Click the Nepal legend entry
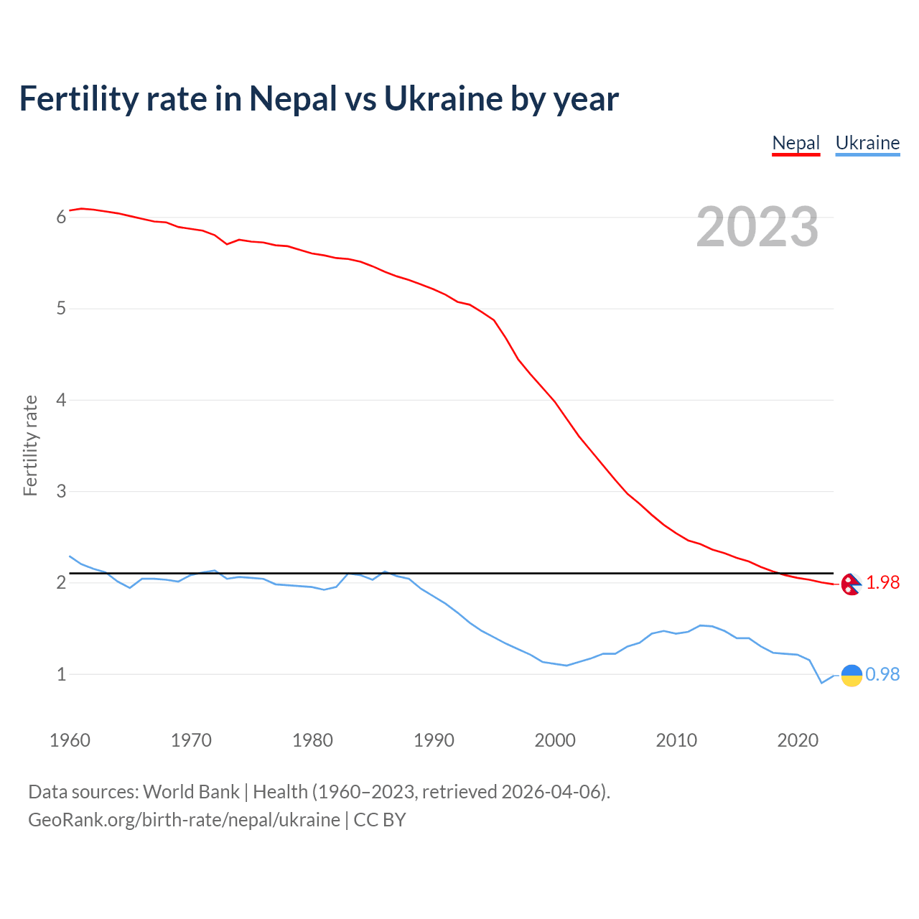(x=796, y=143)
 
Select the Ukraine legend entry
(x=867, y=143)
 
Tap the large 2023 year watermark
(x=757, y=227)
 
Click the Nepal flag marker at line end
(x=851, y=584)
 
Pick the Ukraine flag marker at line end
(x=852, y=675)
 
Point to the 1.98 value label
(x=883, y=583)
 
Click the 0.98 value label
(x=882, y=675)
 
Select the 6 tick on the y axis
(x=61, y=218)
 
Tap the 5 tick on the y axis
(x=61, y=309)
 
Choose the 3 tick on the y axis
(x=61, y=492)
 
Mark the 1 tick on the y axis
(x=61, y=675)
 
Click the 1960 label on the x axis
(x=70, y=740)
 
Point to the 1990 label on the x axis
(x=434, y=740)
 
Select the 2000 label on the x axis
(x=555, y=740)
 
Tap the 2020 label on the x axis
(x=798, y=740)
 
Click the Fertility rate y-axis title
(x=30, y=445)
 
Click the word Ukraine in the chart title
(x=443, y=99)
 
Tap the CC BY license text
(x=380, y=820)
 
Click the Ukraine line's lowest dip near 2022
(x=821, y=683)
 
